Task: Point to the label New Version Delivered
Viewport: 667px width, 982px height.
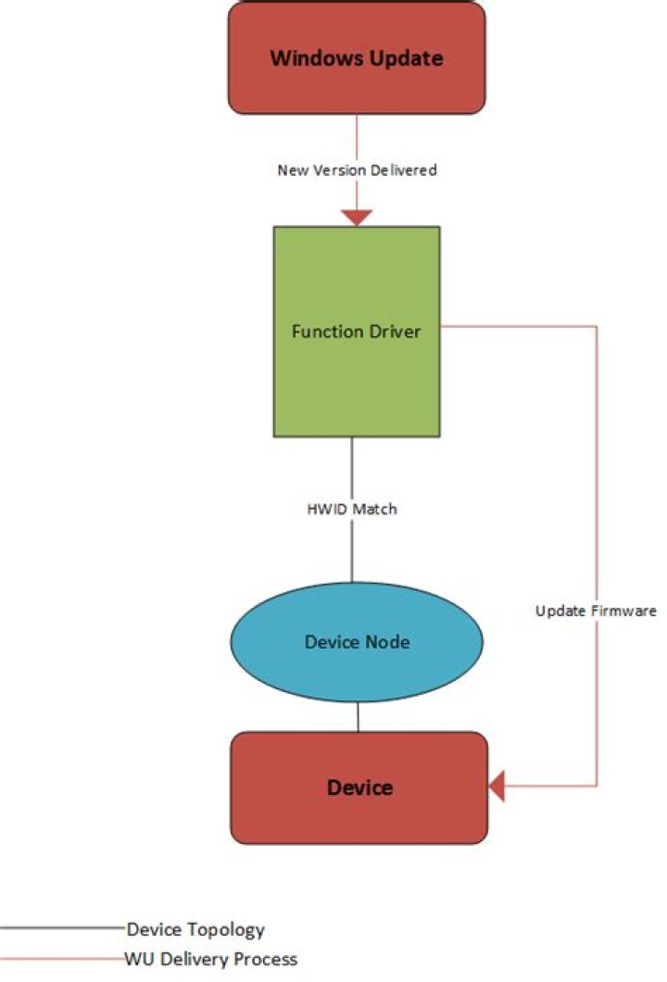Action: [357, 170]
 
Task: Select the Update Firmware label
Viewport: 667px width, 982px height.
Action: [596, 611]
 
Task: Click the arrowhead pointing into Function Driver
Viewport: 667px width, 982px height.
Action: [357, 218]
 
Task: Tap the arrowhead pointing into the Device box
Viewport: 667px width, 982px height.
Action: [496, 787]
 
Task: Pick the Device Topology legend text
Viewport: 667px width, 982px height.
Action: [195, 929]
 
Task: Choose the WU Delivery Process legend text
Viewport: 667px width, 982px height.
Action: [211, 959]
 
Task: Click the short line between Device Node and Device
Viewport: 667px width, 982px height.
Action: [358, 717]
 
